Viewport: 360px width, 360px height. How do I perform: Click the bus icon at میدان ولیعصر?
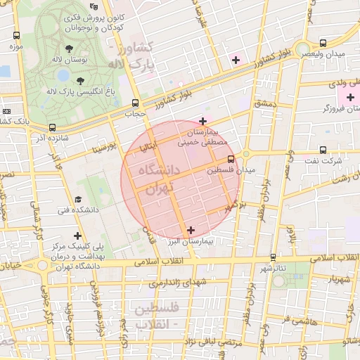[x=323, y=43]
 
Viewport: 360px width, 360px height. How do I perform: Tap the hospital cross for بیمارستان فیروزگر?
[x=348, y=96]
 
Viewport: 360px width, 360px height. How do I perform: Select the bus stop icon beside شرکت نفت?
[x=323, y=150]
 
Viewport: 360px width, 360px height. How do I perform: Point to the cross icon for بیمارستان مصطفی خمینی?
[x=203, y=121]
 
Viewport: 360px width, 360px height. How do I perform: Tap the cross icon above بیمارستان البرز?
[x=191, y=229]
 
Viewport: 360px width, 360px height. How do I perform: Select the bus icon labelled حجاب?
[x=134, y=102]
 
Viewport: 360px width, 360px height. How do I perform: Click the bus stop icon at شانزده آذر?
[x=53, y=127]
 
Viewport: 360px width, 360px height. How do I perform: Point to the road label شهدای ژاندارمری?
[x=174, y=283]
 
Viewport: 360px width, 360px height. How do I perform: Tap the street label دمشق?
[x=268, y=103]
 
